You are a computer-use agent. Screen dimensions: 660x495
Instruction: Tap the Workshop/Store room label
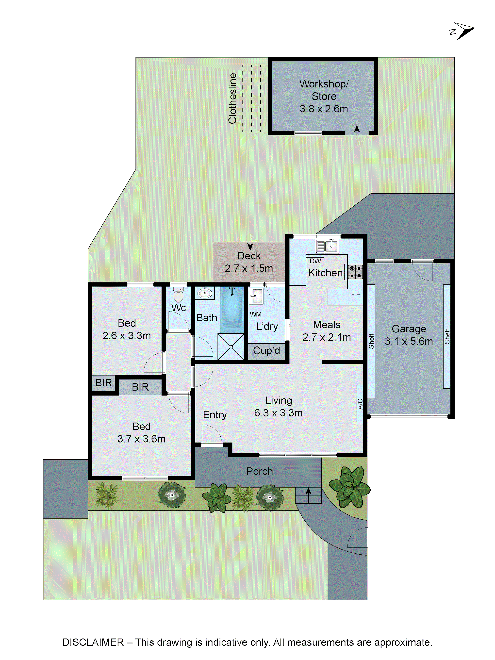tap(324, 96)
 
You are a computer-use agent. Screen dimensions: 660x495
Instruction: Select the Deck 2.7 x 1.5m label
tap(249, 262)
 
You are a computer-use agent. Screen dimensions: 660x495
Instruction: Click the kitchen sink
tap(327, 246)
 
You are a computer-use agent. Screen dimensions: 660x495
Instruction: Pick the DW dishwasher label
tap(315, 261)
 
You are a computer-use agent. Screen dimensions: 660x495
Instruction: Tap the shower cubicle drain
tap(231, 347)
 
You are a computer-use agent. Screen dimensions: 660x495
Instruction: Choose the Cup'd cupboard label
tap(266, 351)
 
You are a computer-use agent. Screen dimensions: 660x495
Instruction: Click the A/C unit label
tap(360, 404)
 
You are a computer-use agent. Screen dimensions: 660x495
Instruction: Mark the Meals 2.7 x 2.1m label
tap(327, 331)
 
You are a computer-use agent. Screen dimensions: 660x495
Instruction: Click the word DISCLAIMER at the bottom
tap(93, 642)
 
